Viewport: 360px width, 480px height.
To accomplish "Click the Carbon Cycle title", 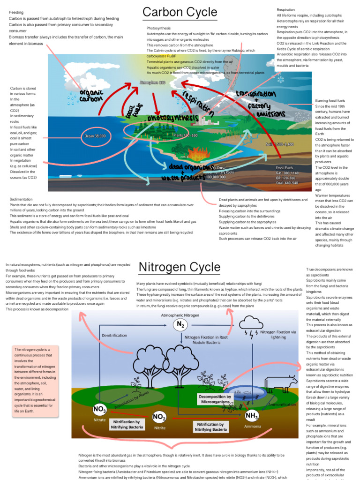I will [x=180, y=12].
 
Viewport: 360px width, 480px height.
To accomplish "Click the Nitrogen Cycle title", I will [x=179, y=268].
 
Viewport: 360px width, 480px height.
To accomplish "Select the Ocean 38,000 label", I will [x=95, y=136].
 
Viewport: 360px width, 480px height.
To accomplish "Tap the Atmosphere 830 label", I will [x=152, y=82].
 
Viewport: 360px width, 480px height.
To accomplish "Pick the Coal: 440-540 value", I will [x=287, y=183].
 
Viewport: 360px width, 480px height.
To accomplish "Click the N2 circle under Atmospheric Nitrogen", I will [x=180, y=324].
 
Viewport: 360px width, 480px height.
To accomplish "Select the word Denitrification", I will [x=114, y=335].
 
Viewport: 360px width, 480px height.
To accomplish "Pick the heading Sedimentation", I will [x=21, y=199].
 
